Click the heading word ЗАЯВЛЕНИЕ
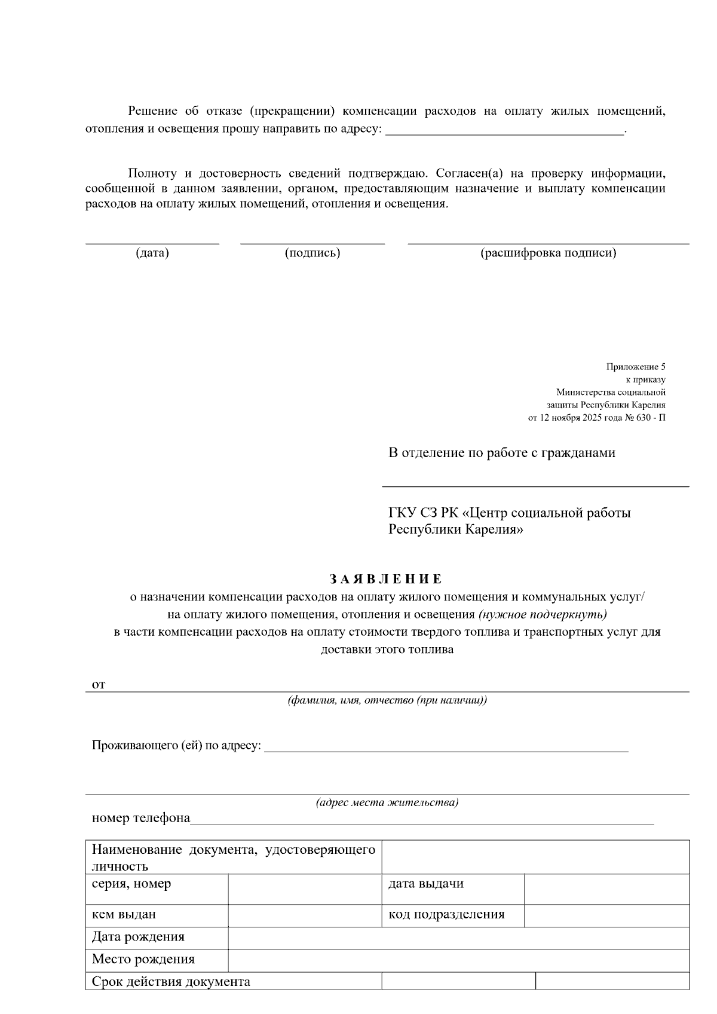[x=386, y=579]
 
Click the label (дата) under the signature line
[x=152, y=253]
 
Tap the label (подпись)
[x=312, y=253]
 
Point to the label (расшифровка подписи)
[x=549, y=253]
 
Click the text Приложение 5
[x=636, y=367]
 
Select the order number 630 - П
[x=651, y=418]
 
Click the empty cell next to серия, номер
[x=305, y=889]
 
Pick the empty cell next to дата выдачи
[x=606, y=889]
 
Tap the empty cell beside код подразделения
[x=606, y=915]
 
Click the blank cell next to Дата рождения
[x=458, y=938]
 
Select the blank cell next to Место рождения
[x=458, y=960]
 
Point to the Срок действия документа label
[x=171, y=982]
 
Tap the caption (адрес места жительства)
[x=387, y=802]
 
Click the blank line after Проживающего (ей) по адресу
[x=446, y=746]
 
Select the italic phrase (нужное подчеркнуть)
[x=543, y=614]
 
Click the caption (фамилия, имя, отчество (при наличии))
[x=387, y=700]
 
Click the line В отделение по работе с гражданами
[x=502, y=453]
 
